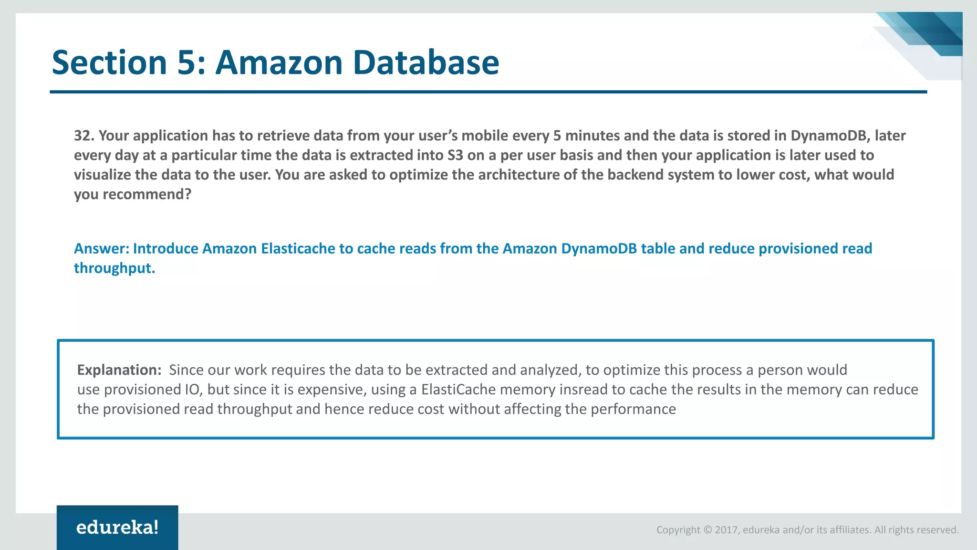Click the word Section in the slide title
click(x=109, y=63)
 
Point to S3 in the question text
click(x=455, y=155)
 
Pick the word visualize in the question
click(x=102, y=175)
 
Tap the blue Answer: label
click(x=101, y=249)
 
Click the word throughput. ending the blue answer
click(x=114, y=268)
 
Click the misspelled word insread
click(x=583, y=390)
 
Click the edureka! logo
click(x=117, y=528)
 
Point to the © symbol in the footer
click(x=708, y=530)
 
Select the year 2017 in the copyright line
click(x=727, y=530)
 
